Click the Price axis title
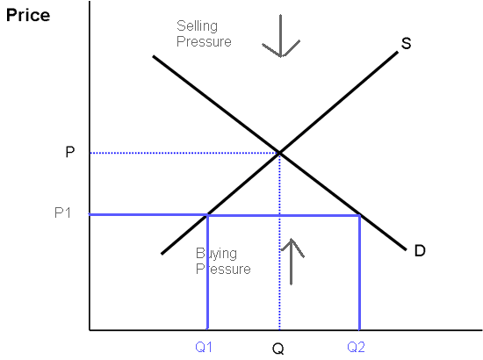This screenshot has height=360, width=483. pos(28,16)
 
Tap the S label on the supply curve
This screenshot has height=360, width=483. pos(406,43)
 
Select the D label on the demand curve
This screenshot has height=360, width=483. pos(420,250)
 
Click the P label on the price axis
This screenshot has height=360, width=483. pos(70,152)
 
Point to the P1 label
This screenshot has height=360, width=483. pos(62,212)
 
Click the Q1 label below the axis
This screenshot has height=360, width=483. pos(204,347)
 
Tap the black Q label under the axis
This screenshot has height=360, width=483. pos(278,349)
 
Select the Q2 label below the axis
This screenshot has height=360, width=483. pos(356,347)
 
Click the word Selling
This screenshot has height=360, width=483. pos(197,26)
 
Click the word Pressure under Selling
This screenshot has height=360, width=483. pos(204,41)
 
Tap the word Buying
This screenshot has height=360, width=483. pos(217,254)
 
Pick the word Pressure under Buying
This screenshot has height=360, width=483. pos(223,269)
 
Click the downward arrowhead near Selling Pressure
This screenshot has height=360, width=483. pos(281,57)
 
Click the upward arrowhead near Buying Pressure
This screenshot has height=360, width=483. pos(291,239)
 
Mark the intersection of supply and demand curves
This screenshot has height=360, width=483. pos(279,153)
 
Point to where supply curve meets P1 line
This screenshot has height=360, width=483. pos(208,214)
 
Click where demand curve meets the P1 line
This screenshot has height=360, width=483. pos(359,215)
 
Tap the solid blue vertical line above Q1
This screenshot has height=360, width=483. pos(207,272)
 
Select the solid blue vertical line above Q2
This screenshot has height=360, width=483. pos(359,272)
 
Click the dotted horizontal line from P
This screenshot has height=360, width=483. pos(184,153)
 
